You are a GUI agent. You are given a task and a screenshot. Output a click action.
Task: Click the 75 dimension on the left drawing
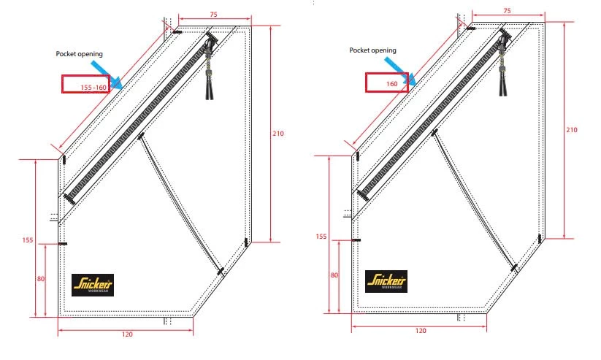coord(213,15)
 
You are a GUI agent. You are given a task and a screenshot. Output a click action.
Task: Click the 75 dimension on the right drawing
coord(507,11)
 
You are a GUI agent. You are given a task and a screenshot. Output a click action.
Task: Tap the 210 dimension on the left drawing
coord(278,134)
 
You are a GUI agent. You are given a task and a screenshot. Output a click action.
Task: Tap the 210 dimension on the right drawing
coord(572,130)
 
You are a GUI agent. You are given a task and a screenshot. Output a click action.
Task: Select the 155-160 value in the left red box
coord(93,88)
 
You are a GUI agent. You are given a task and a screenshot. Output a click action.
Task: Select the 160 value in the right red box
coord(391,84)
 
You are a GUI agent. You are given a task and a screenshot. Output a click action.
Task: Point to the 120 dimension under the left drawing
coord(127,334)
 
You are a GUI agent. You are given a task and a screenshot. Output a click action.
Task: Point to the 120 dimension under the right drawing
coord(421,331)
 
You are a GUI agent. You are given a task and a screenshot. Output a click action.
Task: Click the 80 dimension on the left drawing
coord(41,279)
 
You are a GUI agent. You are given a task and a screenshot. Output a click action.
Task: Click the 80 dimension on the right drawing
coord(334,275)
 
